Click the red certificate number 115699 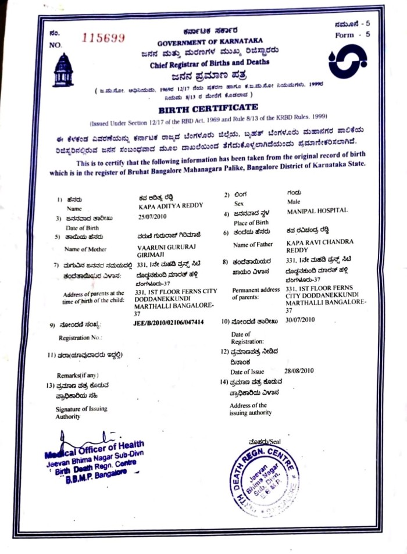click(x=103, y=38)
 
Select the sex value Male click(x=294, y=202)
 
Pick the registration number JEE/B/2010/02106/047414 click(x=169, y=322)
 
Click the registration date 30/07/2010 click(x=300, y=320)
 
